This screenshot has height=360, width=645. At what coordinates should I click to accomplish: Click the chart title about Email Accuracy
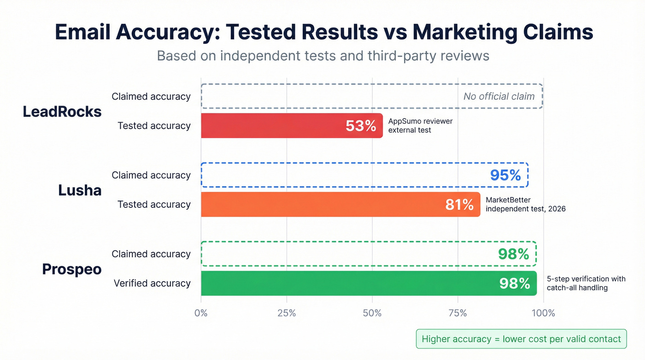[324, 32]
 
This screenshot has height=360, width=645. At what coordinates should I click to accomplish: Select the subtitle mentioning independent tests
[323, 56]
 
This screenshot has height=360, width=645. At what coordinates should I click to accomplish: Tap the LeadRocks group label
[62, 112]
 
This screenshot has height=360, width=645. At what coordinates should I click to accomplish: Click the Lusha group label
[80, 190]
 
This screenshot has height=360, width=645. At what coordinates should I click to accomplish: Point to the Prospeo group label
[72, 269]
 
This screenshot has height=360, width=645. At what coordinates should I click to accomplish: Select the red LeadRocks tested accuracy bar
[292, 126]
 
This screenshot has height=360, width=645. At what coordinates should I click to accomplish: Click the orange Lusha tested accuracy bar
[340, 205]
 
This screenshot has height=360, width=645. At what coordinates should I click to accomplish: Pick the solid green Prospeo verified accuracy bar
[369, 283]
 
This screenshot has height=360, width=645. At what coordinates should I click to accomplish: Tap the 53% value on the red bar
[361, 126]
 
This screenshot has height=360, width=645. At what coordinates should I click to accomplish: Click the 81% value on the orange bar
[459, 205]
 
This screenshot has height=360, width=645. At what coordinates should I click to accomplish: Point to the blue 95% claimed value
[505, 175]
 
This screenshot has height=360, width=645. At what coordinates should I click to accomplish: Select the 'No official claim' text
[499, 96]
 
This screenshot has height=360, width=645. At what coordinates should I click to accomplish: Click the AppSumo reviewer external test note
[420, 125]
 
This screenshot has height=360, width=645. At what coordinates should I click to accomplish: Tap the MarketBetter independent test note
[525, 204]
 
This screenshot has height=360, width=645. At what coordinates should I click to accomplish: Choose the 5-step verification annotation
[586, 283]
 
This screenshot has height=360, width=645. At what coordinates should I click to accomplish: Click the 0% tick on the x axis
[201, 313]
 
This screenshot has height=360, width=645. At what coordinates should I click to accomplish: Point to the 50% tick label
[372, 313]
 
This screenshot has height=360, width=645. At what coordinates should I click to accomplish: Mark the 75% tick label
[457, 313]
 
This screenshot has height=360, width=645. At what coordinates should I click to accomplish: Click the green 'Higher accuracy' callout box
[521, 339]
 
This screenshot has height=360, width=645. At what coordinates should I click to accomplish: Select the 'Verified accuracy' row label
[152, 283]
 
